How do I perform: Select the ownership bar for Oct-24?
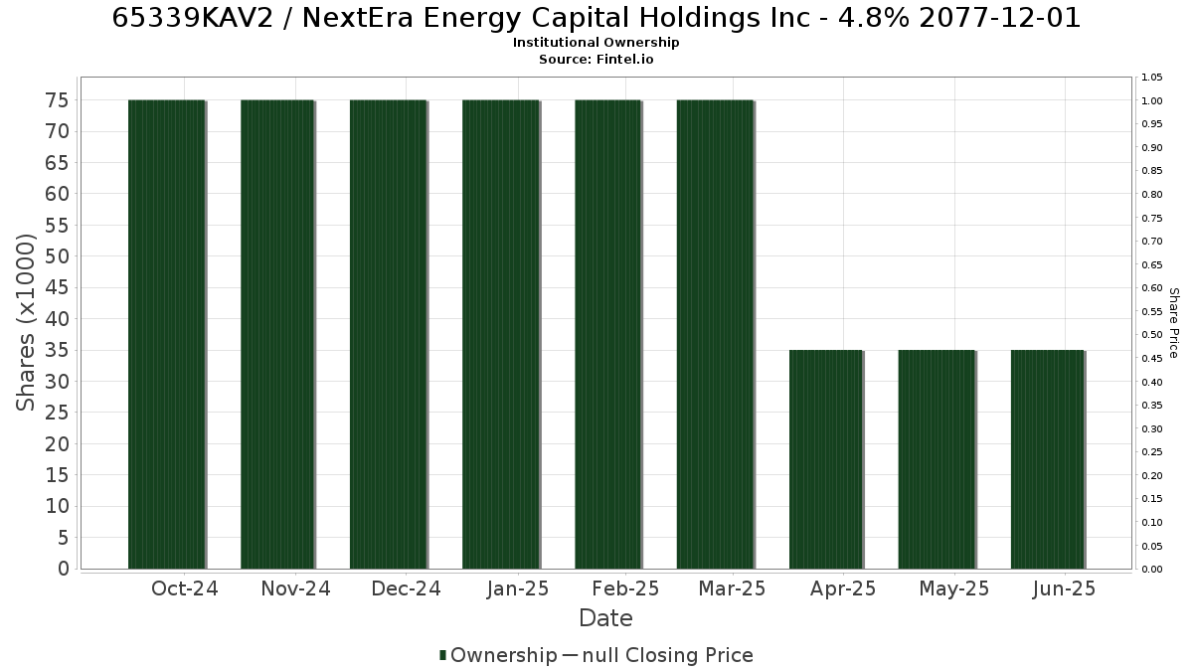pos(167,334)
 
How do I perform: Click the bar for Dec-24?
pos(389,334)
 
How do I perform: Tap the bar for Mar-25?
pos(715,334)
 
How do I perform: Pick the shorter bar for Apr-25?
pos(825,459)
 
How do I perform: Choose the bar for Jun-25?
pos(1048,459)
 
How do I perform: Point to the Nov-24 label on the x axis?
pos(295,588)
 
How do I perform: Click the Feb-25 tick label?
pos(625,588)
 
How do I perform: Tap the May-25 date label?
pos(953,588)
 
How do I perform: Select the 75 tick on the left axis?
pos(57,100)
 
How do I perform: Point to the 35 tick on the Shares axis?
pos(57,350)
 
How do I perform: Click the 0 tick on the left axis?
pos(64,569)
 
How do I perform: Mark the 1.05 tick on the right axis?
pos(1152,78)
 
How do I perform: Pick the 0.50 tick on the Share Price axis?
pos(1152,335)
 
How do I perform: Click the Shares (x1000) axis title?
pos(25,323)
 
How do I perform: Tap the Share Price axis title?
pos(1173,323)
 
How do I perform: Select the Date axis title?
pos(605,618)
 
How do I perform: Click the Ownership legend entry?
pos(498,655)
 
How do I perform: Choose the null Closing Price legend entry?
pos(658,655)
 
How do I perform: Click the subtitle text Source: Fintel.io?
pos(596,59)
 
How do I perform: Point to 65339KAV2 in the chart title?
pos(192,18)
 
